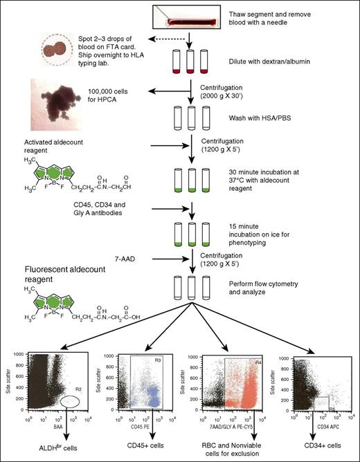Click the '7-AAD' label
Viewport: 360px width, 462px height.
point(126,259)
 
